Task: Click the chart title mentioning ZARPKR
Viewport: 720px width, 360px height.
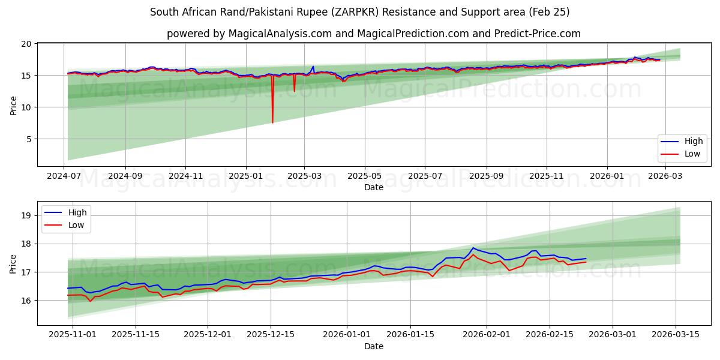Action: point(359,12)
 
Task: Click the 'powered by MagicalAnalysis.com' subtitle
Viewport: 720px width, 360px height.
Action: point(373,34)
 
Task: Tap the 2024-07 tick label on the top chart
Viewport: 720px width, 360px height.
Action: point(64,177)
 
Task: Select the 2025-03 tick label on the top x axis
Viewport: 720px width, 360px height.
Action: point(304,177)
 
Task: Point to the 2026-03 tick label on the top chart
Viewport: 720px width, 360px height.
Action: point(664,177)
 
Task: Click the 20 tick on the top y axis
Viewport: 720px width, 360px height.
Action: point(26,44)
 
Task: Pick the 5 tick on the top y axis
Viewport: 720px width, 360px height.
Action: point(28,139)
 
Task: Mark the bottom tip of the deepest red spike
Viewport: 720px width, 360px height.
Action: point(272,123)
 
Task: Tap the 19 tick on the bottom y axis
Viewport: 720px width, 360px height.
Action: point(26,216)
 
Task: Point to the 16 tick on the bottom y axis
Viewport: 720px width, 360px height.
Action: point(26,300)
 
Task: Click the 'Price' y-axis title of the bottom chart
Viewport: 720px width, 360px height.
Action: point(13,263)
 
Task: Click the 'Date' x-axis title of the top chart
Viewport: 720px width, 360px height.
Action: point(374,188)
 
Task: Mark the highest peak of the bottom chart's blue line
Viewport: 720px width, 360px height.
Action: point(473,248)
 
